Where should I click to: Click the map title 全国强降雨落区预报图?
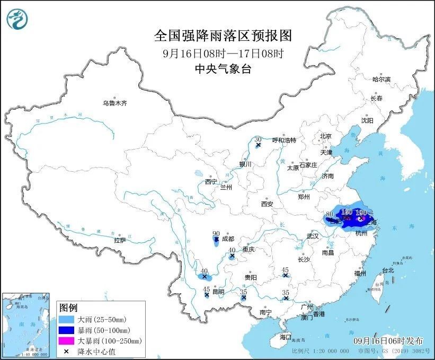223,36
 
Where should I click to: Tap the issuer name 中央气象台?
223,68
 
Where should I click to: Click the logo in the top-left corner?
17,20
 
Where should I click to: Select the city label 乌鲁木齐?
115,103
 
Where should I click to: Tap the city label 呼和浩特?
283,140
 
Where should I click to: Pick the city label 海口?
286,337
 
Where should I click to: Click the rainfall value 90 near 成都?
216,233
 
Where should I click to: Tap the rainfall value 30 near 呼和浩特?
258,138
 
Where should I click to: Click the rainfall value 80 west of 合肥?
329,214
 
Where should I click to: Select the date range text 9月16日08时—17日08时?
223,52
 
